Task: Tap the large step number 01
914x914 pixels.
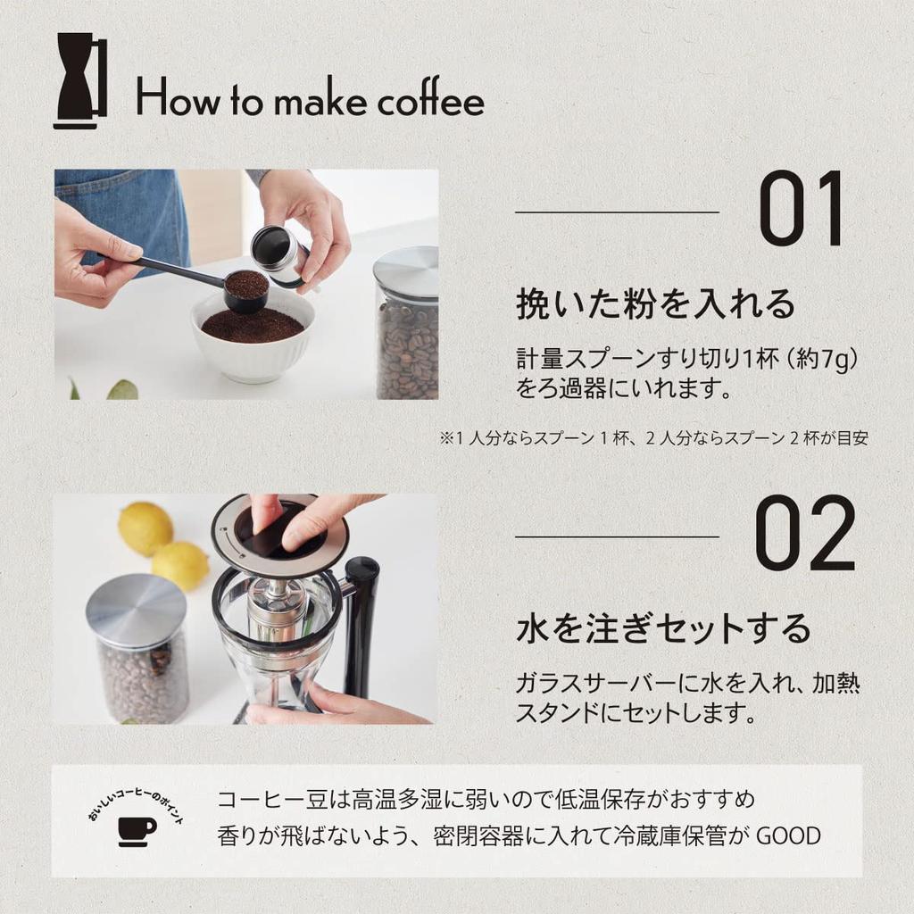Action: [x=801, y=212]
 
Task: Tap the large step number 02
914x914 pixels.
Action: [x=804, y=536]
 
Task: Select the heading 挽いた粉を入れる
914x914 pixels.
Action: [x=655, y=304]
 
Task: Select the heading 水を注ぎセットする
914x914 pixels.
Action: [x=663, y=628]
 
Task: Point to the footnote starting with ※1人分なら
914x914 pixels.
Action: [x=653, y=438]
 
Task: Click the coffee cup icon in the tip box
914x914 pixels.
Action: [x=137, y=830]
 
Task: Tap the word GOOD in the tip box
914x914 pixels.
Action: [x=788, y=836]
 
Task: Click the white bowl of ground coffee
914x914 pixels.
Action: [x=253, y=339]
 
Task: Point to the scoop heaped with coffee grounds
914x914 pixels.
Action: [x=245, y=287]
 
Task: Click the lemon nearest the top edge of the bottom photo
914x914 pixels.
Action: [x=145, y=528]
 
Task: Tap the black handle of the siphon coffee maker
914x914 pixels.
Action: [x=361, y=625]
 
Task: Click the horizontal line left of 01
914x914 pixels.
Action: [x=617, y=212]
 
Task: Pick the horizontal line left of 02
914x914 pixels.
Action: [x=617, y=536]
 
